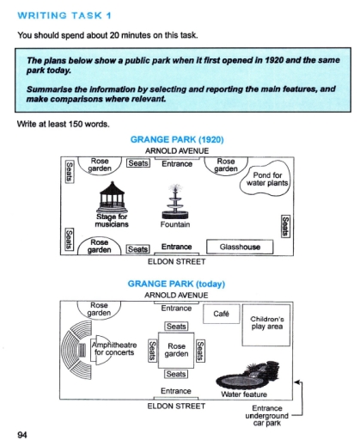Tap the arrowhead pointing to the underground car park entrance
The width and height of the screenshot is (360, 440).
click(x=296, y=382)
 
